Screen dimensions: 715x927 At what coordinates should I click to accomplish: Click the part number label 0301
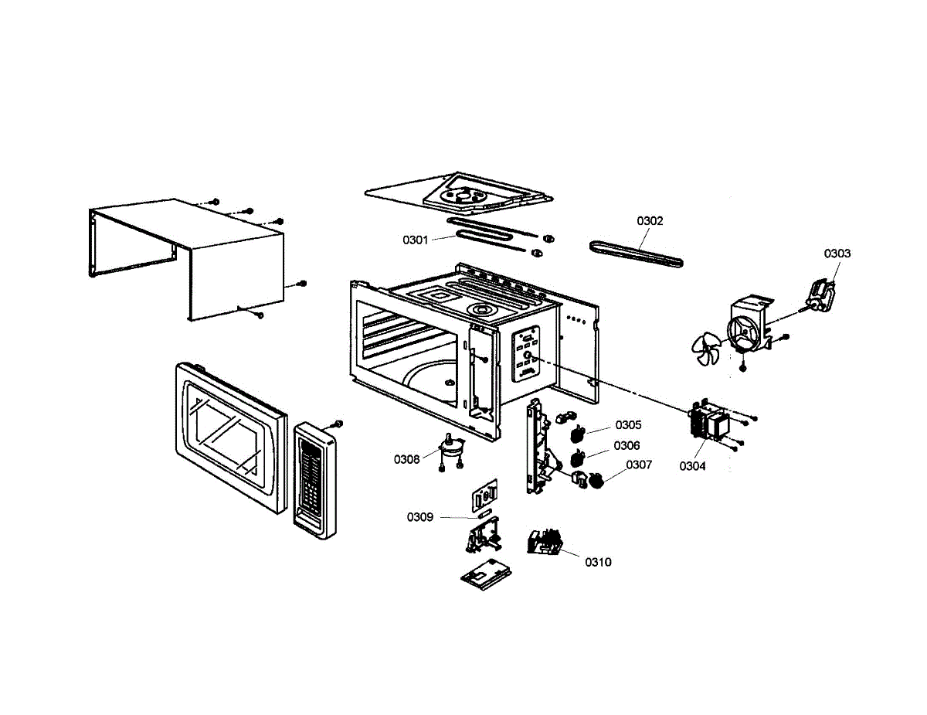[x=415, y=240]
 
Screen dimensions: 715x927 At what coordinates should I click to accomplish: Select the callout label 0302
[x=650, y=221]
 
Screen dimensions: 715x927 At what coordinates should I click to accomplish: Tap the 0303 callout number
[x=837, y=254]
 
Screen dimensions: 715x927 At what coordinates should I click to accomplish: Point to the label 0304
[x=692, y=466]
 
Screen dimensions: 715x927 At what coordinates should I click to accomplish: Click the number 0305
[x=628, y=425]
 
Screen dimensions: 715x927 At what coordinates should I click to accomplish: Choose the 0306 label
[x=626, y=445]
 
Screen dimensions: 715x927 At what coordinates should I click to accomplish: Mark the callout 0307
[x=639, y=465]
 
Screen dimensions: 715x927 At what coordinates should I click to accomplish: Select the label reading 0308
[x=406, y=459]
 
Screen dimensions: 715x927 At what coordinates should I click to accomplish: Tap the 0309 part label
[x=420, y=516]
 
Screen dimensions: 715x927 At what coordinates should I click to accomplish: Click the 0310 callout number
[x=598, y=562]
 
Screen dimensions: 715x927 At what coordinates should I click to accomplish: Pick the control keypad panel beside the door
[x=314, y=479]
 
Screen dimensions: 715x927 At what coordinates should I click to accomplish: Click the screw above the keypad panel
[x=338, y=424]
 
